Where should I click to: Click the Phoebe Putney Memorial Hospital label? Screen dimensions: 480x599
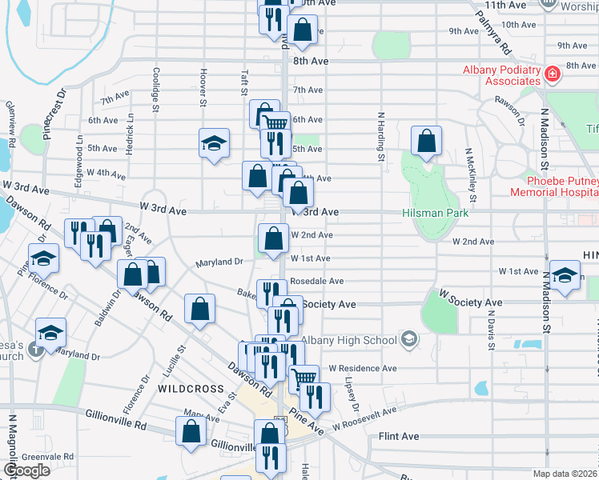click(x=553, y=186)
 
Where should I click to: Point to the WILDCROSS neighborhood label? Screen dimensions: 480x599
click(x=190, y=389)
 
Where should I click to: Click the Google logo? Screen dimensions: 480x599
click(x=26, y=470)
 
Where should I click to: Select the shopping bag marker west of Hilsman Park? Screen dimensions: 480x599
click(x=427, y=141)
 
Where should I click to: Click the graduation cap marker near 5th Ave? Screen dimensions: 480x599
click(x=214, y=144)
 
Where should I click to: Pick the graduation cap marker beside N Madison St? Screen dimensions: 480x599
click(x=565, y=276)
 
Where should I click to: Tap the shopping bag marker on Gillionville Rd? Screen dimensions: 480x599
click(x=192, y=431)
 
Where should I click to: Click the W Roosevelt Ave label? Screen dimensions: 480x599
click(x=365, y=417)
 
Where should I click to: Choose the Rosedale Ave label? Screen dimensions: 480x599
click(x=316, y=282)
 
